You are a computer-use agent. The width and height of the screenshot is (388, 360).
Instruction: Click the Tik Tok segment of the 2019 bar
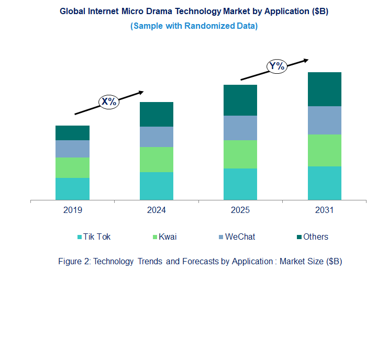[x=72, y=189]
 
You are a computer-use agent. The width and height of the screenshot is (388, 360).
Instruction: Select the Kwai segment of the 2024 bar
[x=157, y=160]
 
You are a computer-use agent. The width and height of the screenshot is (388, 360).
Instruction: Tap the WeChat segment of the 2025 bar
[x=240, y=128]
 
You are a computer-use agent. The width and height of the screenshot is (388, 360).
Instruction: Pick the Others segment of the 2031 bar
[x=324, y=89]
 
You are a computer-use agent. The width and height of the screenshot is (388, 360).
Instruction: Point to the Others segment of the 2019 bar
[x=72, y=133]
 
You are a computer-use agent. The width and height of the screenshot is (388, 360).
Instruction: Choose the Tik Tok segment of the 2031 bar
[x=324, y=183]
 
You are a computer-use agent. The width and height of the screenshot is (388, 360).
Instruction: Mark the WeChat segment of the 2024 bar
[x=157, y=137]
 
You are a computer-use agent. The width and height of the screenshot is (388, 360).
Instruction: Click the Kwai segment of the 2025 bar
[x=240, y=154]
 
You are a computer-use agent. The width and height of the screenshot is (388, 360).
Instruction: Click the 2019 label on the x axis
[x=72, y=210]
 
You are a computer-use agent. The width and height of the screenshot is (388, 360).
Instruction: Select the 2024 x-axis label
[x=157, y=210]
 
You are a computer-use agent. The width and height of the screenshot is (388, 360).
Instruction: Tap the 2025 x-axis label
[x=240, y=210]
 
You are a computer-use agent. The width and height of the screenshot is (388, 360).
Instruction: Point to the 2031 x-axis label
[x=324, y=210]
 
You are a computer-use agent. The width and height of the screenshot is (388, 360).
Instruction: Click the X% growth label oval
[x=109, y=102]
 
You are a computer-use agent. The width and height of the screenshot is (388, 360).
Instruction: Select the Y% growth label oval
[x=276, y=66]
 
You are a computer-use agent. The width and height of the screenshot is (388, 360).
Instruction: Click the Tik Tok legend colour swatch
[x=80, y=237]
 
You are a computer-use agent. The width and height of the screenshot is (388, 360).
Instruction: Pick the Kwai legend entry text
[x=168, y=237]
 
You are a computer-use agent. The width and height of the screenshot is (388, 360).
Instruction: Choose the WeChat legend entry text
[x=240, y=237]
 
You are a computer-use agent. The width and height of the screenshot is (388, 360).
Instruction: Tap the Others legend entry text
[x=316, y=237]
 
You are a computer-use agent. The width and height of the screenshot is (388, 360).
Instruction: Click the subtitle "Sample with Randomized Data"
[x=194, y=26]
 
